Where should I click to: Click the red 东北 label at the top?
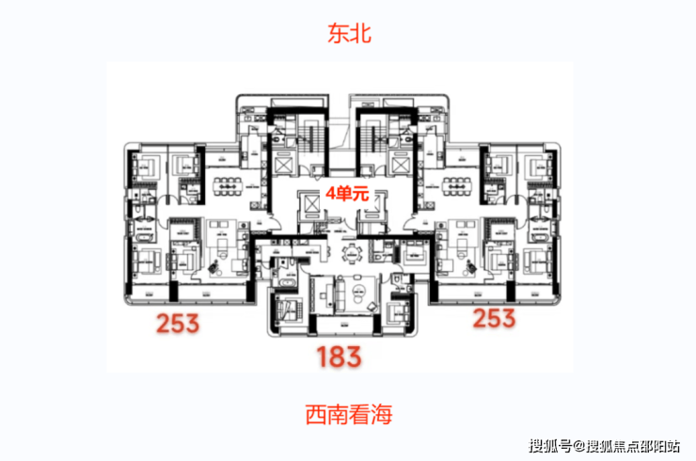pos(348,35)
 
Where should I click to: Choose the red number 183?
pos(339,358)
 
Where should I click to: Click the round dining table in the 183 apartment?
pos(351,251)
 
